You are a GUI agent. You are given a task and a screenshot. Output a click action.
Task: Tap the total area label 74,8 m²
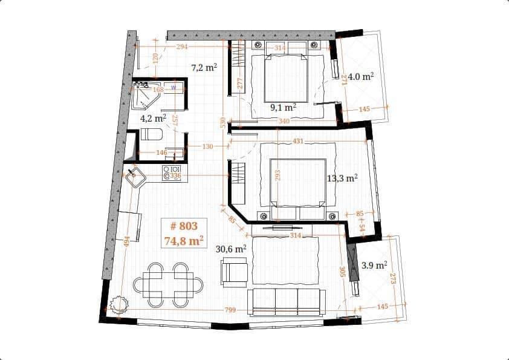pyautogui.click(x=183, y=241)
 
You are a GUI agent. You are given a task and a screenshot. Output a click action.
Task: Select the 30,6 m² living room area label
pyautogui.click(x=231, y=249)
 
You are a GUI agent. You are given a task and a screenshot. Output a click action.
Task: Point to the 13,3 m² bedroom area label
pyautogui.click(x=342, y=178)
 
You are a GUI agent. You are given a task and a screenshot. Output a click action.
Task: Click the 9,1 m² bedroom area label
pyautogui.click(x=283, y=107)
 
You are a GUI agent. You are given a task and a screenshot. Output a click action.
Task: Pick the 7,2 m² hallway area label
pyautogui.click(x=204, y=68)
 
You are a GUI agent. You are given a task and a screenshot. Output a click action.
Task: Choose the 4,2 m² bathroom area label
pyautogui.click(x=152, y=118)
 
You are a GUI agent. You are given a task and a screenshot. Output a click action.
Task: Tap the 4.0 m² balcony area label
pyautogui.click(x=360, y=76)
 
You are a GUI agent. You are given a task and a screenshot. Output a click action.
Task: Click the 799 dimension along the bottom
pyautogui.click(x=230, y=310)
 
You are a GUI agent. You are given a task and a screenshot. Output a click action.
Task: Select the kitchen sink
pyautogui.click(x=135, y=177)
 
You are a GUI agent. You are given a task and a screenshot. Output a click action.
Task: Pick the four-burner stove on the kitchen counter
pyautogui.click(x=173, y=172)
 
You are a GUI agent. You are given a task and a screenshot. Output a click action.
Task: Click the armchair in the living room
pyautogui.click(x=235, y=272)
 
